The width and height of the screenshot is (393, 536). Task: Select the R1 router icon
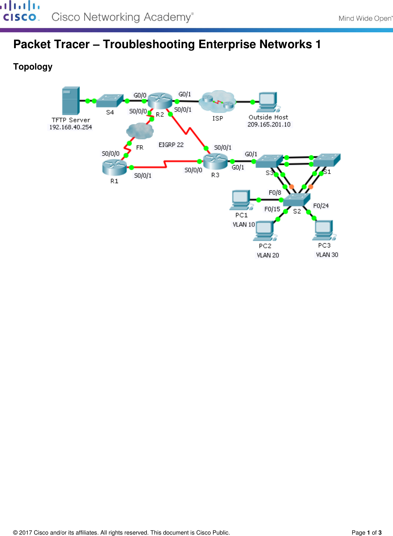pyautogui.click(x=114, y=167)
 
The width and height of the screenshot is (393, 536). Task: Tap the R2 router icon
pyautogui.click(x=160, y=101)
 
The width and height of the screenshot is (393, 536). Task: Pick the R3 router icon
pyautogui.click(x=215, y=161)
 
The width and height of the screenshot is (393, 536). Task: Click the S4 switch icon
pyautogui.click(x=110, y=101)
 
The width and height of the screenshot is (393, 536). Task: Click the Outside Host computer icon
pyautogui.click(x=268, y=102)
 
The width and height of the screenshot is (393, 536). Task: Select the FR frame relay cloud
pyautogui.click(x=140, y=131)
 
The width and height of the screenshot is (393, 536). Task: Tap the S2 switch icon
pyautogui.click(x=297, y=200)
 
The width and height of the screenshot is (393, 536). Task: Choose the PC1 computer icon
pyautogui.click(x=241, y=200)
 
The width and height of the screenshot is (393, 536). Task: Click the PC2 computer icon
pyautogui.click(x=265, y=231)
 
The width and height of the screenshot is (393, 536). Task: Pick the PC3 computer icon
pyautogui.click(x=324, y=230)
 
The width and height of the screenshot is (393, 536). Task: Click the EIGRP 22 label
pyautogui.click(x=171, y=145)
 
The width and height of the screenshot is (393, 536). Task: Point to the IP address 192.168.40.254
pyautogui.click(x=71, y=127)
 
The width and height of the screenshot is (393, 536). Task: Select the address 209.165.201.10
pyautogui.click(x=269, y=124)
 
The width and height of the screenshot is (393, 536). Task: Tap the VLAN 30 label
pyautogui.click(x=327, y=255)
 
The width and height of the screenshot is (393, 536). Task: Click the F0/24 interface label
pyautogui.click(x=321, y=206)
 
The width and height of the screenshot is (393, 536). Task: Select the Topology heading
pyautogui.click(x=33, y=67)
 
